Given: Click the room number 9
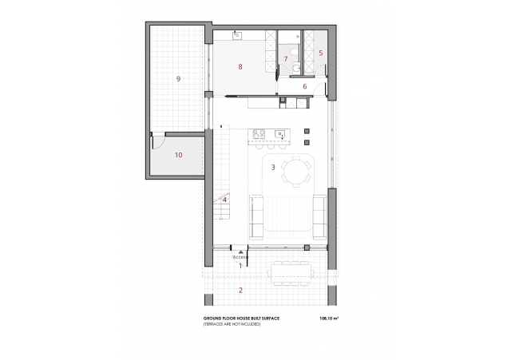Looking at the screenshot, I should pyautogui.click(x=178, y=78).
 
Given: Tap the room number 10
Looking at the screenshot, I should pyautogui.click(x=178, y=155).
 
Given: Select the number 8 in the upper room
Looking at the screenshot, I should pyautogui.click(x=240, y=66).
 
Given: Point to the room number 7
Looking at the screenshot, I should pyautogui.click(x=285, y=59).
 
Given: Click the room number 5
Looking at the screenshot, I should pyautogui.click(x=320, y=53).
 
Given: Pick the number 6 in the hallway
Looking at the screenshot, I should pyautogui.click(x=304, y=85).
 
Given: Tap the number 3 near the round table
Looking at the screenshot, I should pyautogui.click(x=273, y=167).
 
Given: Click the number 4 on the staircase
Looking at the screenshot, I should pyautogui.click(x=225, y=200).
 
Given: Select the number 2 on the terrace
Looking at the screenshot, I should pyautogui.click(x=240, y=290).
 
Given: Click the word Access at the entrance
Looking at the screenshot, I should pyautogui.click(x=240, y=258).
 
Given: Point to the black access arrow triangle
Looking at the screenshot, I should pyautogui.click(x=240, y=251).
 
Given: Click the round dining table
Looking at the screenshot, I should pyautogui.click(x=297, y=170).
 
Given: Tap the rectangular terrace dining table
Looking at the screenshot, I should pyautogui.click(x=291, y=271).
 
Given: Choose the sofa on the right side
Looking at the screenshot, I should pyautogui.click(x=318, y=215).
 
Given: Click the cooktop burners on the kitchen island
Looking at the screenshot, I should pyautogui.click(x=259, y=135).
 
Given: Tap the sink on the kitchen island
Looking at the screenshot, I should pyautogui.click(x=279, y=134).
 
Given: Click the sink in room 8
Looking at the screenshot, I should pyautogui.click(x=237, y=35).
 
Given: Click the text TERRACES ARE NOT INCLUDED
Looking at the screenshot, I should pyautogui.click(x=232, y=325).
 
